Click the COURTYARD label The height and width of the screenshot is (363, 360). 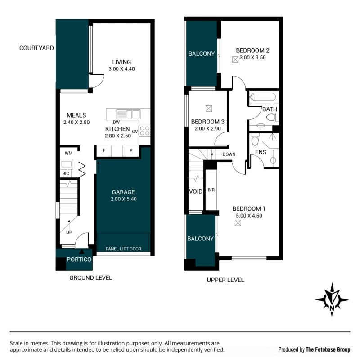[36, 48]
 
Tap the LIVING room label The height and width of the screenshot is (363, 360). [121, 62]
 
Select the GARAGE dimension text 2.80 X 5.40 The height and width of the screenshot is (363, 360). [124, 199]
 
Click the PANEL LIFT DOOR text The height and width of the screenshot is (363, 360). [123, 249]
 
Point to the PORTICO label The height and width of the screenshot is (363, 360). [79, 259]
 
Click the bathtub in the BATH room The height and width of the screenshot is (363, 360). [263, 97]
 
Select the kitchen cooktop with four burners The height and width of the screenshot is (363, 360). [144, 131]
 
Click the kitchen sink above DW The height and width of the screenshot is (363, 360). [129, 114]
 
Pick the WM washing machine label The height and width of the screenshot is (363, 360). [68, 153]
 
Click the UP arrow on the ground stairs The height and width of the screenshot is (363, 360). [69, 224]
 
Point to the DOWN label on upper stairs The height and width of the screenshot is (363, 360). [229, 154]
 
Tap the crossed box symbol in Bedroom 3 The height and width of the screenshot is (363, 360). [209, 109]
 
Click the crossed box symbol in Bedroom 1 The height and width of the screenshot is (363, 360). [238, 222]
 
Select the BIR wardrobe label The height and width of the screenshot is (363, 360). [211, 190]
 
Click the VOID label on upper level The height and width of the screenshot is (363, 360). [196, 191]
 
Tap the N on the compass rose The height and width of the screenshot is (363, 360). [332, 308]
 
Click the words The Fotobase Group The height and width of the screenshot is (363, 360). [328, 349]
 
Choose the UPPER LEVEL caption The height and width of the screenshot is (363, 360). [225, 280]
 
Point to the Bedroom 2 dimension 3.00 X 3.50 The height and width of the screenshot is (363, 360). [252, 57]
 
